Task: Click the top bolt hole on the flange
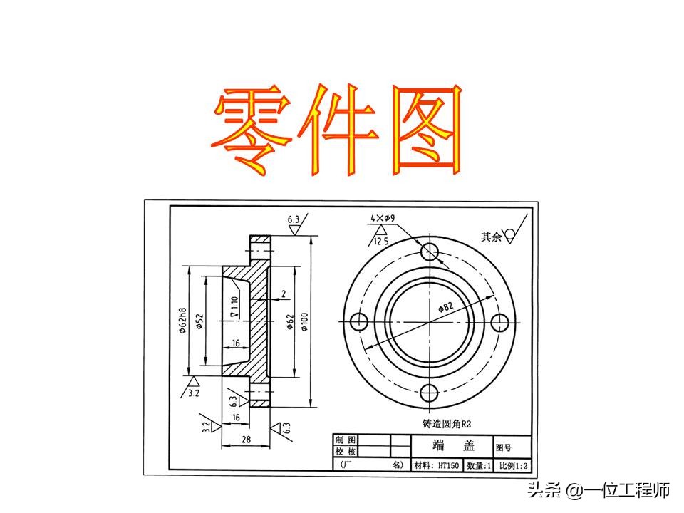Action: click(430, 251)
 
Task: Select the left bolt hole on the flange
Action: click(359, 322)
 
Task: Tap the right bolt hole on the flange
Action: click(501, 322)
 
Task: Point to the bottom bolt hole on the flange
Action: click(430, 393)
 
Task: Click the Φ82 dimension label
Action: click(445, 308)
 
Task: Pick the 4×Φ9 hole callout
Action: click(383, 217)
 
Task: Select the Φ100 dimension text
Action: click(304, 322)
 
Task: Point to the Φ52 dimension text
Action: click(200, 322)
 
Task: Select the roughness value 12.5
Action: click(381, 242)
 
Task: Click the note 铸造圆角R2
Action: click(447, 424)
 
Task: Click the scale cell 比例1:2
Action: click(513, 465)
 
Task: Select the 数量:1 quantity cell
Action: click(479, 465)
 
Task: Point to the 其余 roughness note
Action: click(492, 237)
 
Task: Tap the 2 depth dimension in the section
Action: click(284, 294)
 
